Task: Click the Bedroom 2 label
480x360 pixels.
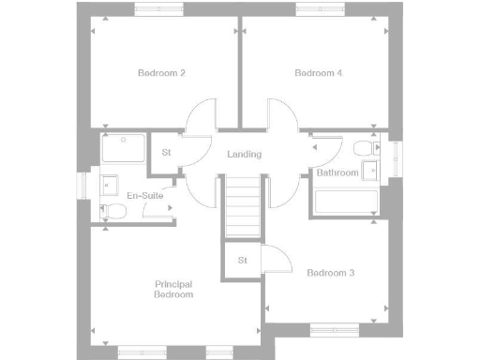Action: tap(161, 73)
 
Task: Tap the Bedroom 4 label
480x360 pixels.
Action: tap(318, 73)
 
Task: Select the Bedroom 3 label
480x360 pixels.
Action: tap(330, 273)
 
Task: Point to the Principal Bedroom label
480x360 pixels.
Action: tap(173, 289)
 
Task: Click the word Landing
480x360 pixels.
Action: tap(244, 155)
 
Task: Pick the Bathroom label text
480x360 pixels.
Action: tap(337, 173)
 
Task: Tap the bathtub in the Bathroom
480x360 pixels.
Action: tap(346, 202)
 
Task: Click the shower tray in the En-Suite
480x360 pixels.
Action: tap(123, 150)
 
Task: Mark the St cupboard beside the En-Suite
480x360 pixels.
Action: tap(166, 153)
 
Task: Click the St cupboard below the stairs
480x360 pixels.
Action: tap(241, 260)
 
